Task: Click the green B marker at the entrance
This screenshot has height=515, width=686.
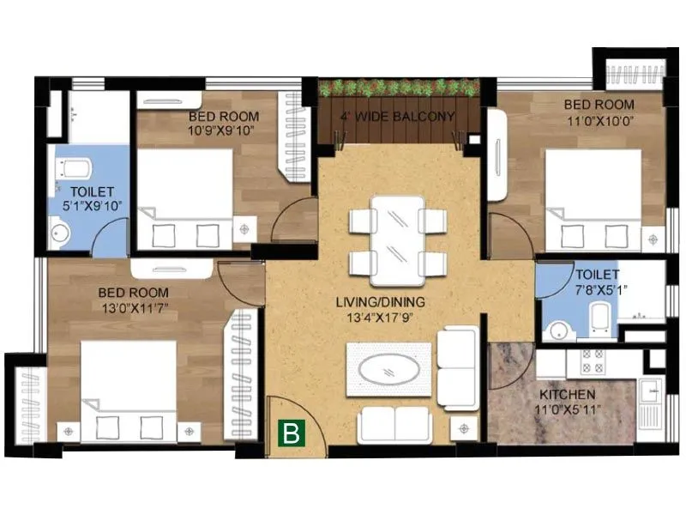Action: pyautogui.click(x=292, y=433)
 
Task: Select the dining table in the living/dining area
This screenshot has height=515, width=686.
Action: pyautogui.click(x=397, y=240)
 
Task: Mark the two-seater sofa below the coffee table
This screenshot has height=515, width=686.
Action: pyautogui.click(x=394, y=424)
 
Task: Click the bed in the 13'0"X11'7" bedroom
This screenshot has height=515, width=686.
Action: pyautogui.click(x=129, y=391)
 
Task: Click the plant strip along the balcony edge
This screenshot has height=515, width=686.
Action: pyautogui.click(x=398, y=88)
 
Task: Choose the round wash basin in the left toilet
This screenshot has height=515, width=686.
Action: pyautogui.click(x=60, y=231)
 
